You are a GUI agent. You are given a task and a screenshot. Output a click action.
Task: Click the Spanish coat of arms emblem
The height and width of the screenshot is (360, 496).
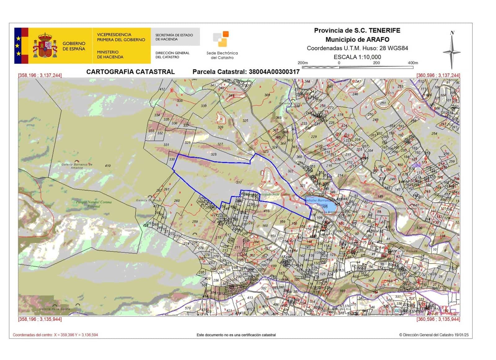coord(45,46)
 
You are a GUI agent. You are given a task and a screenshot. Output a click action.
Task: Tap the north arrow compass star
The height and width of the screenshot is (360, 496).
coord(452,51)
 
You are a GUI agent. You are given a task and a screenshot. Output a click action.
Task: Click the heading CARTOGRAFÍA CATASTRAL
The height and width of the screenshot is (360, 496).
coord(131,72)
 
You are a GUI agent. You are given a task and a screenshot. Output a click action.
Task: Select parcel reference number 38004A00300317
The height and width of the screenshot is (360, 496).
coord(274,72)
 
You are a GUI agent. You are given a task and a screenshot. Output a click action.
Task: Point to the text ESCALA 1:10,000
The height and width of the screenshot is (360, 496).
coord(357,57)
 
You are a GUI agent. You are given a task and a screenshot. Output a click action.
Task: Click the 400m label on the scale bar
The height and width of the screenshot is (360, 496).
coord(413,63)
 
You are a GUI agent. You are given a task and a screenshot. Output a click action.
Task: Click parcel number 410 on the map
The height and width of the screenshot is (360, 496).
coord(108,166)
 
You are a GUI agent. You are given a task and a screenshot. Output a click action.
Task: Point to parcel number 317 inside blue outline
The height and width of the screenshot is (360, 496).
coord(239,182)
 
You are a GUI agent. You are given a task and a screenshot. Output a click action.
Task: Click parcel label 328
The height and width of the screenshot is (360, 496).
coord(213,154)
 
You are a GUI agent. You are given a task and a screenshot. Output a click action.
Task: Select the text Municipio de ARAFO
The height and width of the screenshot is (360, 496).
coord(357,39)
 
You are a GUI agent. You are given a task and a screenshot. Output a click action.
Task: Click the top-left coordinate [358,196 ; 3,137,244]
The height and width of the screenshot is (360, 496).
coord(40,75)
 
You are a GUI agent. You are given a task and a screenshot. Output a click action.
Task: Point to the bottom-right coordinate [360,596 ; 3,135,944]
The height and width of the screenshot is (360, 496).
coord(438,319)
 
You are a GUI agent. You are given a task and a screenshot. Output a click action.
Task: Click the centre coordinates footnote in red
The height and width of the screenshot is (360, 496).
coord(55,335)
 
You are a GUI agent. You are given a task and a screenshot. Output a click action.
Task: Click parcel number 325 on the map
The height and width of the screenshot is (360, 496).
coord(245,121)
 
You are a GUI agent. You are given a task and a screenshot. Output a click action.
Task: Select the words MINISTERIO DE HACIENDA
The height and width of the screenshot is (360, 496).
coord(110,55)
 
